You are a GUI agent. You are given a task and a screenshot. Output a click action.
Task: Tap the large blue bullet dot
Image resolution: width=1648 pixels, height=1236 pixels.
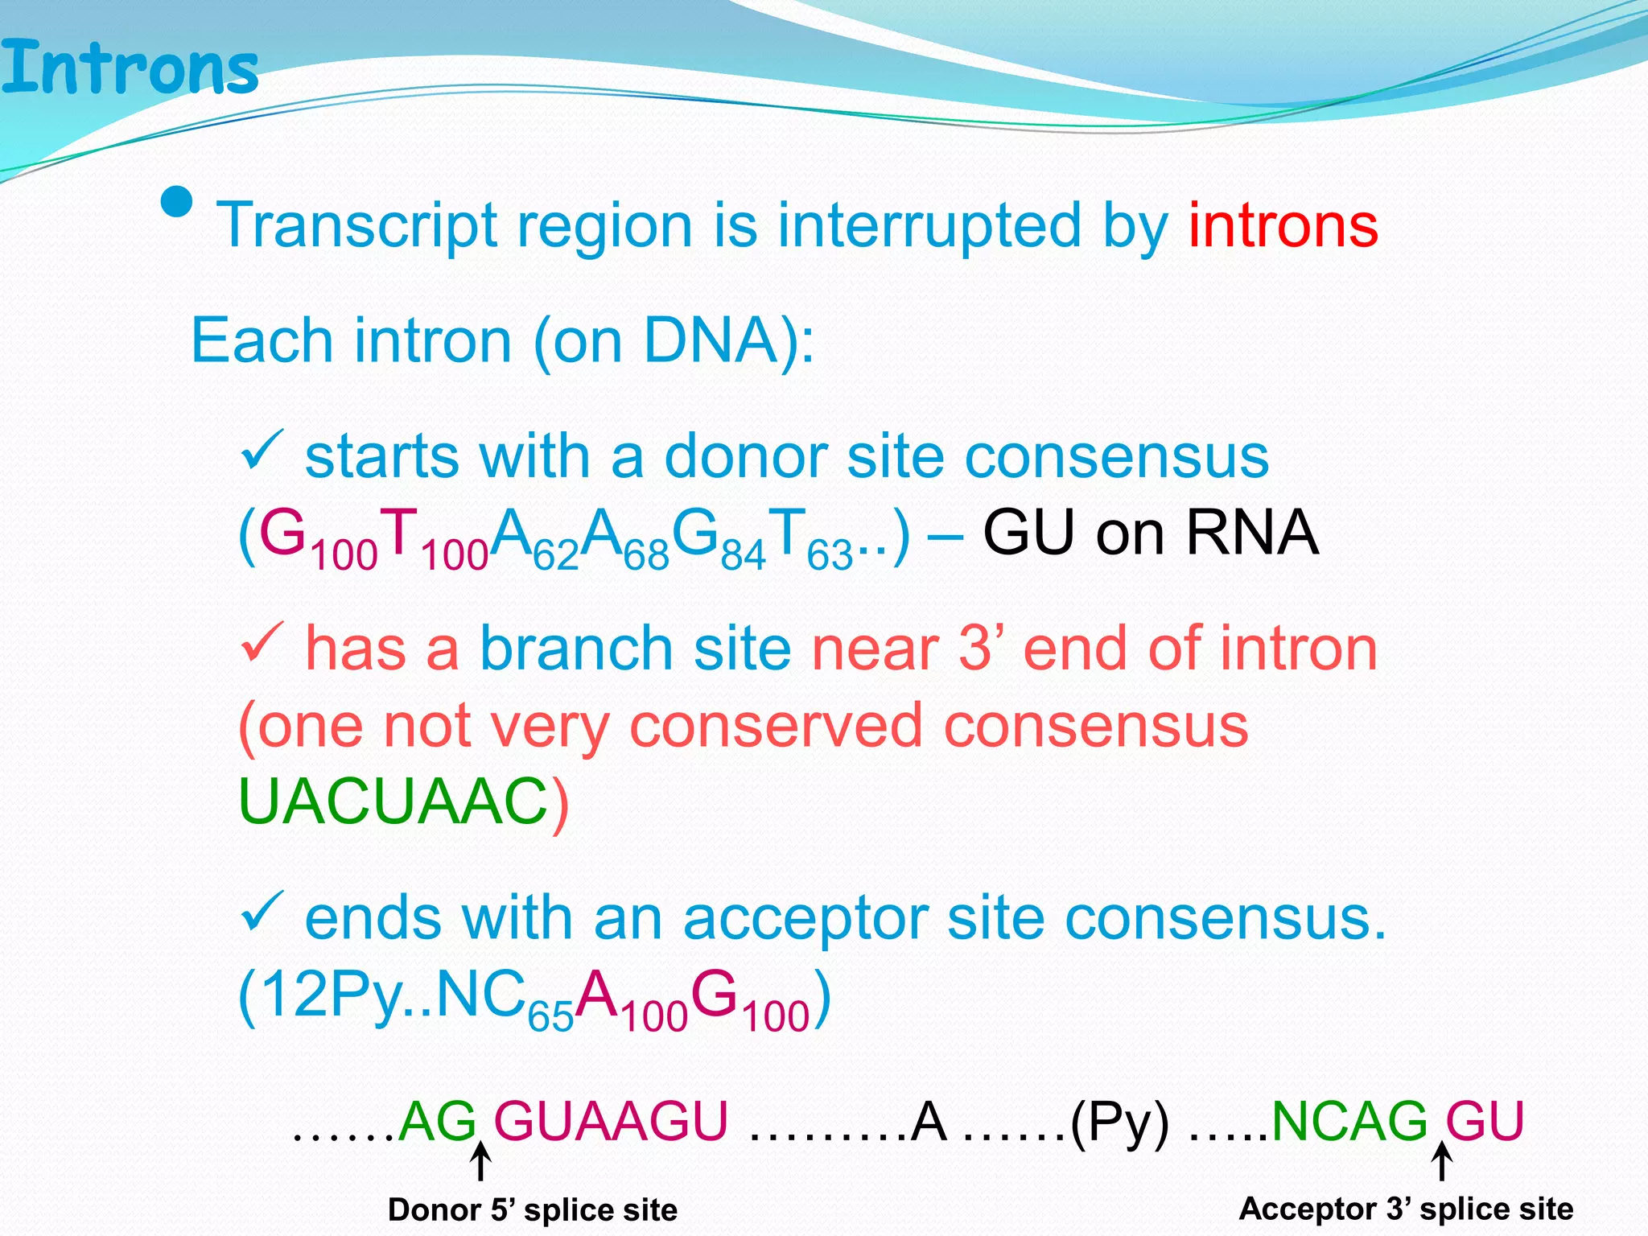pyautogui.click(x=177, y=203)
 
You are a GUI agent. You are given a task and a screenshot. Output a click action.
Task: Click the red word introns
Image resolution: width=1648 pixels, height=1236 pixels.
pyautogui.click(x=1283, y=226)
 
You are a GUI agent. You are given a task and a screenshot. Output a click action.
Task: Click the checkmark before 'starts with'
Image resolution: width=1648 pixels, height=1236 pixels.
pyautogui.click(x=262, y=451)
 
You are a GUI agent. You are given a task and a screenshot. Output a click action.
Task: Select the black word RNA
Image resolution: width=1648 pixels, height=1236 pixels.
pyautogui.click(x=1252, y=534)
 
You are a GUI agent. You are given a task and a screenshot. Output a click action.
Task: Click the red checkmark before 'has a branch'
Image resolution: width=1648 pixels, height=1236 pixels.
pyautogui.click(x=262, y=642)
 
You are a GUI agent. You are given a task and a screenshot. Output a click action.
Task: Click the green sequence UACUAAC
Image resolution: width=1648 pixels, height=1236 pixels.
pyautogui.click(x=393, y=802)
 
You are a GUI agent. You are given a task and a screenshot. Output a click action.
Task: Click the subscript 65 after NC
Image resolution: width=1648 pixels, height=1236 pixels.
pyautogui.click(x=550, y=1017)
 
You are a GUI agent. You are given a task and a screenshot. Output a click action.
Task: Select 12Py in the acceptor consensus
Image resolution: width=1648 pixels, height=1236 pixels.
pyautogui.click(x=332, y=995)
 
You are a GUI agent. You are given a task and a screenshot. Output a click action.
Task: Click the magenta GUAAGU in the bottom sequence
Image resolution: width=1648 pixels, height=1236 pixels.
pyautogui.click(x=611, y=1121)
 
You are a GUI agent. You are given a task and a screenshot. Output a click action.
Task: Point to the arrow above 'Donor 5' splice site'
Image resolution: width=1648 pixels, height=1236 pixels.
pyautogui.click(x=480, y=1162)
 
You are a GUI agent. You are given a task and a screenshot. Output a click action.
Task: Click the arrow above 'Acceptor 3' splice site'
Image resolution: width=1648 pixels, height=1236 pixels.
pyautogui.click(x=1442, y=1162)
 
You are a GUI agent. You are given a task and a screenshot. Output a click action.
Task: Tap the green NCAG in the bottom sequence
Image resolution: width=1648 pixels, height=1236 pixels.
pyautogui.click(x=1349, y=1121)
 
